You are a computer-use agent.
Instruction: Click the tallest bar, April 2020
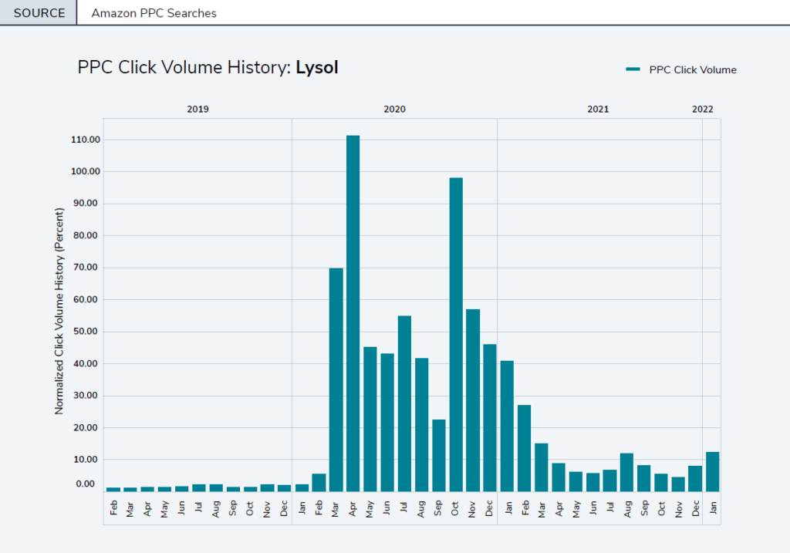click(353, 312)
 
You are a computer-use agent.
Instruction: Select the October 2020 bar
click(456, 334)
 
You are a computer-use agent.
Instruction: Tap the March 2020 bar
click(336, 379)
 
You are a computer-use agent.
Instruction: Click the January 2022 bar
click(712, 471)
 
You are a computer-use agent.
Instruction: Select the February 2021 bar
click(524, 447)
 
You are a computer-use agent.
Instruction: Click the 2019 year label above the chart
click(197, 110)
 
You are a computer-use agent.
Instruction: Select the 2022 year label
click(702, 110)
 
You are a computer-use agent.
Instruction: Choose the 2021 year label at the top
click(598, 110)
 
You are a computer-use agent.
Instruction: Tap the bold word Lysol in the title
click(316, 68)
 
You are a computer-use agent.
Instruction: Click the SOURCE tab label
click(39, 13)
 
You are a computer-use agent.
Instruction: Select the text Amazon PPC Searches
click(154, 13)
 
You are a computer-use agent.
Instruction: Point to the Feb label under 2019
click(113, 508)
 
